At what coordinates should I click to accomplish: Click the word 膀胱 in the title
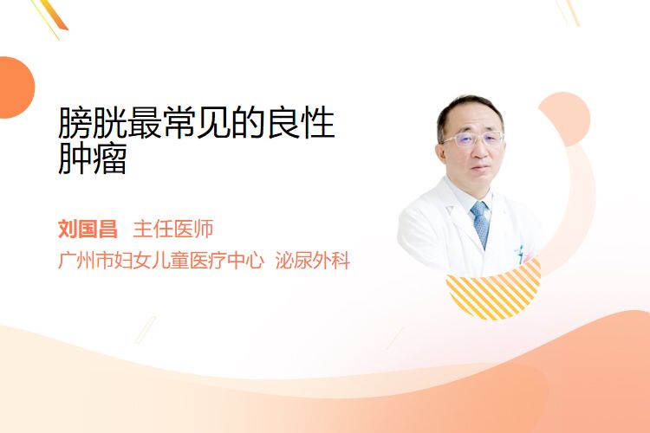[x=93, y=123]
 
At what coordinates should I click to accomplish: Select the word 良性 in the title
[x=302, y=123]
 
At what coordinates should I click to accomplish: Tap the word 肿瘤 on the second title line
[x=93, y=158]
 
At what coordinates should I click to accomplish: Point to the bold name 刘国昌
[x=88, y=229]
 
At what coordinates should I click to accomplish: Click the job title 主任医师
[x=173, y=229]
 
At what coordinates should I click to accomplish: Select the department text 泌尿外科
[x=313, y=260]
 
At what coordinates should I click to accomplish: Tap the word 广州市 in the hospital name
[x=86, y=260]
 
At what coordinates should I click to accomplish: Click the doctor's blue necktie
[x=480, y=224]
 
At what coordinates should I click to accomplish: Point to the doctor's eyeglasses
[x=472, y=139]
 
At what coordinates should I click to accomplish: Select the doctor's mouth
[x=481, y=168]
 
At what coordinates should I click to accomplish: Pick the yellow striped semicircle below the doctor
[x=494, y=295]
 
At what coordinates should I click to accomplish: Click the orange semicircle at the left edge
[x=16, y=87]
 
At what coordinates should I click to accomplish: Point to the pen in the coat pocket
[x=520, y=254]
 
